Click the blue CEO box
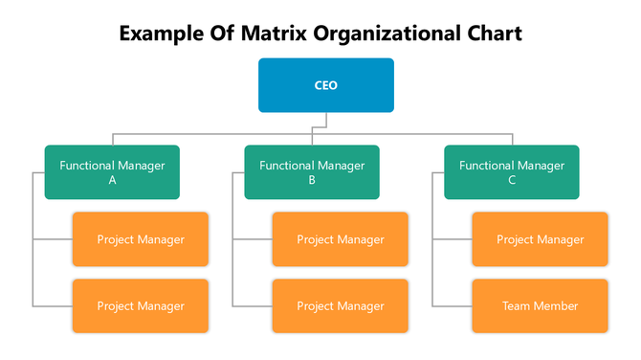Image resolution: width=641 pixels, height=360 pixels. click(x=325, y=85)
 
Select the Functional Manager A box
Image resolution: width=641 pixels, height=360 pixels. click(x=112, y=172)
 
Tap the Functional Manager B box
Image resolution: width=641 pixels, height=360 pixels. click(x=312, y=172)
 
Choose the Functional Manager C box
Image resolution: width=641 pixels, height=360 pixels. click(x=512, y=172)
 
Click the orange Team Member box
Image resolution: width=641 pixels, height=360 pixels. click(x=540, y=306)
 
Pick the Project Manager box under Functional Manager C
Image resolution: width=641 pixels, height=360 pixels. click(x=540, y=239)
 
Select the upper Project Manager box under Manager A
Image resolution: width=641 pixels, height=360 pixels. click(x=141, y=239)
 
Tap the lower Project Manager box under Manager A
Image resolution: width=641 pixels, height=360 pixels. click(x=141, y=306)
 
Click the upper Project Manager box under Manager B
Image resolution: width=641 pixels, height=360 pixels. click(x=341, y=239)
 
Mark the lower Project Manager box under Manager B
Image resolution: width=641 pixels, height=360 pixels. click(x=341, y=306)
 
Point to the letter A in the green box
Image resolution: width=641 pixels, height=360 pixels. click(x=112, y=180)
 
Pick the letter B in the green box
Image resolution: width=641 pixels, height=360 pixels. click(x=312, y=180)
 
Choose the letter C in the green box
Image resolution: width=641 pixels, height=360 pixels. click(x=512, y=180)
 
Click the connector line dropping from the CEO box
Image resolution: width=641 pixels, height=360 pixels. click(x=325, y=119)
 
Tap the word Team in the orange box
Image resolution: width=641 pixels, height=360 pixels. click(x=517, y=306)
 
